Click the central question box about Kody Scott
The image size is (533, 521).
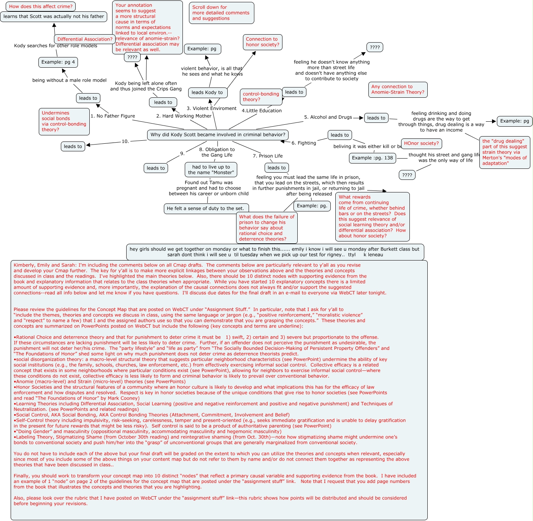(218, 135)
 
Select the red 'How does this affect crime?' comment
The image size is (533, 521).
(41, 6)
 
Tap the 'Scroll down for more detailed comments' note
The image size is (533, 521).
(221, 13)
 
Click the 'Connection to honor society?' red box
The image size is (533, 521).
(262, 42)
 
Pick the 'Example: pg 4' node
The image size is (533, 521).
(58, 62)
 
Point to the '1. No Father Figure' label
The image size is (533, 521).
(113, 116)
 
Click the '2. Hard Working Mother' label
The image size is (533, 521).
(184, 116)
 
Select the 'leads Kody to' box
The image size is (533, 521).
(207, 92)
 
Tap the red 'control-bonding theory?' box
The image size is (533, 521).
(261, 97)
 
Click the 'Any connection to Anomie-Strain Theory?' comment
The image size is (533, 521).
(398, 89)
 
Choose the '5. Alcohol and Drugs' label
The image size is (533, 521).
(328, 117)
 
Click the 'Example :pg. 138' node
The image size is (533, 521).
(372, 158)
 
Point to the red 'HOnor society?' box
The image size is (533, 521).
(421, 143)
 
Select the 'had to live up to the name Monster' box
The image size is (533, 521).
(211, 170)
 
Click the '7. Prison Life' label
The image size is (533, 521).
(268, 156)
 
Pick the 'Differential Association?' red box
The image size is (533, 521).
(85, 39)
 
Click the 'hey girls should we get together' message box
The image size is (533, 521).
(275, 252)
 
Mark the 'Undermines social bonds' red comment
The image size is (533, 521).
(64, 121)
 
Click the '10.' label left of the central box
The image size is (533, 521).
(125, 141)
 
